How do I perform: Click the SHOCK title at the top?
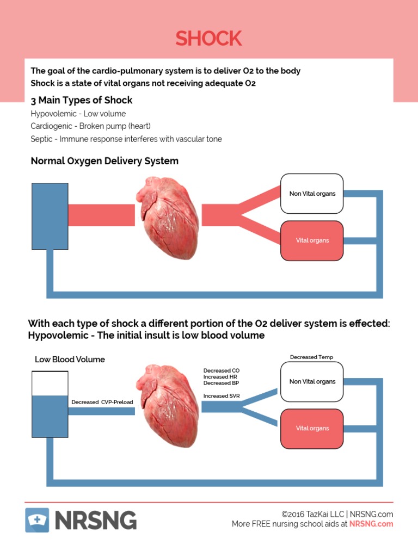tap(208, 39)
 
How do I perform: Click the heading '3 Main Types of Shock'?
tap(82, 100)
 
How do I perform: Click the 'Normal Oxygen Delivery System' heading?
tap(104, 161)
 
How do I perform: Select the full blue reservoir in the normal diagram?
tap(50, 216)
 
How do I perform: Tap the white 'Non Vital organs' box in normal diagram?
tap(312, 194)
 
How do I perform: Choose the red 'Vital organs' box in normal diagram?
tap(312, 240)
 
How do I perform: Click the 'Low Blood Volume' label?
tap(70, 360)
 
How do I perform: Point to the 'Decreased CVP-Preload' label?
tap(102, 403)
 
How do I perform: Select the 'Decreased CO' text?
tap(221, 370)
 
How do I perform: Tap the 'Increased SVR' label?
tap(222, 396)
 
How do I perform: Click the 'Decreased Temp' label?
tap(311, 357)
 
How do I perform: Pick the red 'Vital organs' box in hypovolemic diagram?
tap(312, 429)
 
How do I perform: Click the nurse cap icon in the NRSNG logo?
tap(37, 520)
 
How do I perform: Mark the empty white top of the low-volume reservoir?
tap(50, 383)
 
